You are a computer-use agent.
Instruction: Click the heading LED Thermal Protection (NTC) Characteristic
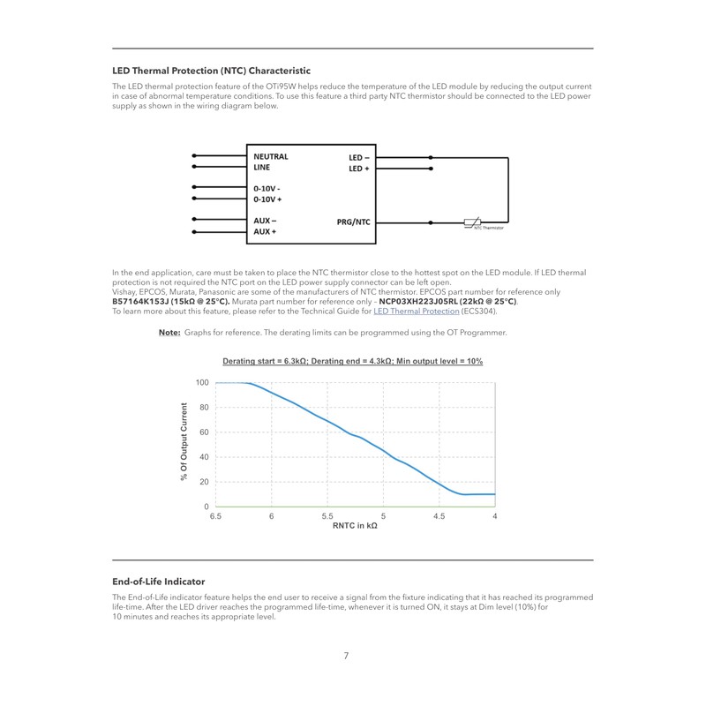pos(211,71)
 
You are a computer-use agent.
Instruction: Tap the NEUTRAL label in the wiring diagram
pos(271,156)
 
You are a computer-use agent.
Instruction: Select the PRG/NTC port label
pos(353,222)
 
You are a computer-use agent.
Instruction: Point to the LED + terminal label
pos(359,168)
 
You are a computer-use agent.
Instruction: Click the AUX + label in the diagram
pos(266,231)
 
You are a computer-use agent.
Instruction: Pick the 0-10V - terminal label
pos(267,189)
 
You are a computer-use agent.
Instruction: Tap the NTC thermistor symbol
pos(473,222)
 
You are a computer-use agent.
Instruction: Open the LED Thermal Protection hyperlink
pos(416,311)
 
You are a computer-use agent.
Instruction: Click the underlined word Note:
pos(169,333)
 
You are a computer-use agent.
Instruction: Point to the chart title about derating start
pos(352,362)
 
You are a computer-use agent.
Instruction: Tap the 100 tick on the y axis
pos(202,383)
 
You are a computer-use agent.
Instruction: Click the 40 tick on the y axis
pos(204,457)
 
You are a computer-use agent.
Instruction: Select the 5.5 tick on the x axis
pos(327,516)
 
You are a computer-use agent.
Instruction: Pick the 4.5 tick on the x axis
pos(439,516)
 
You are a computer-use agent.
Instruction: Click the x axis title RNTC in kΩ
pos(355,526)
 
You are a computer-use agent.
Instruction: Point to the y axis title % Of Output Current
pos(184,441)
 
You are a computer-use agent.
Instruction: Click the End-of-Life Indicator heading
pos(158,582)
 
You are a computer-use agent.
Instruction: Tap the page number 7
pos(346,656)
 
